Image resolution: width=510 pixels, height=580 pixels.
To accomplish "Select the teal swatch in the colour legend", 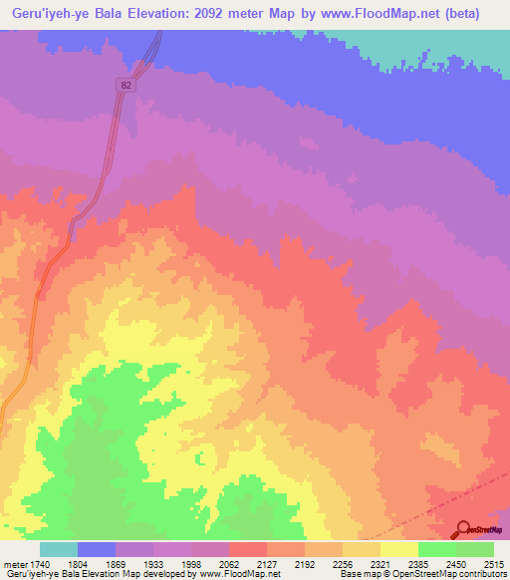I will pos(59,549).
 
